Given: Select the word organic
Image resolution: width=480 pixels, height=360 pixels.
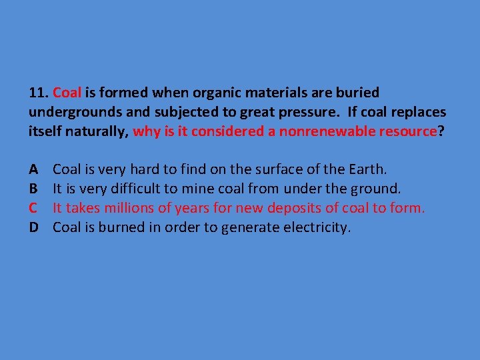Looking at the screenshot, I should pyautogui.click(x=197, y=92).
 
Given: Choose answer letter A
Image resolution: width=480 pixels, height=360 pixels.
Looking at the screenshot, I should pyautogui.click(x=34, y=169).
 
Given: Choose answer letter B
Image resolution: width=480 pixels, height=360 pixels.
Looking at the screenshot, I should pyautogui.click(x=34, y=189).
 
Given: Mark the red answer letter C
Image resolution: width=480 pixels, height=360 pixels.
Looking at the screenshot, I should pyautogui.click(x=34, y=208).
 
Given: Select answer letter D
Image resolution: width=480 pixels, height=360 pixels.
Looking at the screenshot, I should pyautogui.click(x=34, y=227).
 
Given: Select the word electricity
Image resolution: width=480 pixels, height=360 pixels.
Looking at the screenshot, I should pyautogui.click(x=314, y=227).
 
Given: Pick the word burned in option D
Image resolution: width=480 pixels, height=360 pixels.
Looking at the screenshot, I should pyautogui.click(x=121, y=227).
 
